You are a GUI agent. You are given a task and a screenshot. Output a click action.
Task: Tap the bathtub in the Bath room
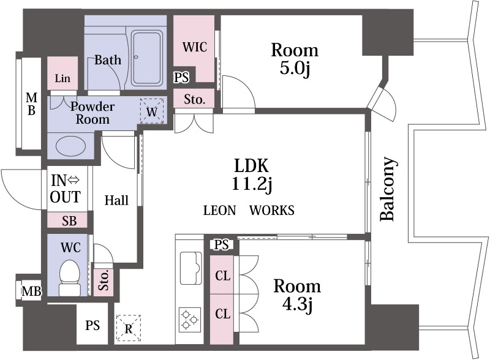pos(147,58)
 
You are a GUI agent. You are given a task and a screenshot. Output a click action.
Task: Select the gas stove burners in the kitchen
pos(190,320)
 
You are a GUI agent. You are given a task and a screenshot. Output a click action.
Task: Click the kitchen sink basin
pos(190,268)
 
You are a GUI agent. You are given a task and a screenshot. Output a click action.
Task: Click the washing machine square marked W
pos(152,111)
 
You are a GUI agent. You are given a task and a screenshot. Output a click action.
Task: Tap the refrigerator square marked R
pos(129,329)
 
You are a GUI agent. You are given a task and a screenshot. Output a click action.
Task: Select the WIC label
pos(195,47)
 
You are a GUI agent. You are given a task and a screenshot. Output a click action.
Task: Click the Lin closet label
pos(62,78)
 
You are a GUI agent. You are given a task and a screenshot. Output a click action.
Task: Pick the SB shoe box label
pos(69,220)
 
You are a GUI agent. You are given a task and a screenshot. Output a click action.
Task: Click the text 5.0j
pos(295,68)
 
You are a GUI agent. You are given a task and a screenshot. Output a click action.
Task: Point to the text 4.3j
pos(297,304)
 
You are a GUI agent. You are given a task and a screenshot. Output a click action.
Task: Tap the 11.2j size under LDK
pos(252,184)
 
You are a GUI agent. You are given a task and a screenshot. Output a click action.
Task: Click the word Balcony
pos(388,189)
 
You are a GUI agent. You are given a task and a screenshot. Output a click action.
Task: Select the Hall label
pos(116,200)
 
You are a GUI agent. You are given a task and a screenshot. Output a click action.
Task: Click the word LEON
pos(219,211)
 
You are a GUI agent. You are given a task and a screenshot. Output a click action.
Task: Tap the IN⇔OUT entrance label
pos(66,189)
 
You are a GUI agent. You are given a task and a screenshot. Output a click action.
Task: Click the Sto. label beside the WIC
pos(194,99)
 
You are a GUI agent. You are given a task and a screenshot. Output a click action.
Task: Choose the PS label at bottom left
pos(92,325)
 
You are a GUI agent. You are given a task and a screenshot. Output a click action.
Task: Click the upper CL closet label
pos(223,276)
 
